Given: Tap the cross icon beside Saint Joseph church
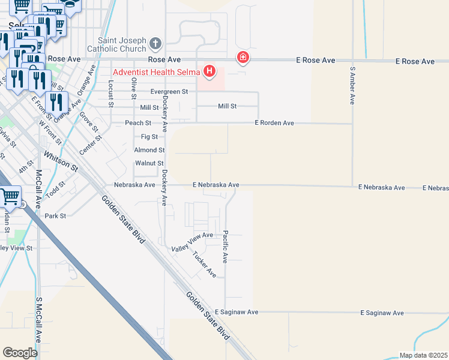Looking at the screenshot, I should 155,43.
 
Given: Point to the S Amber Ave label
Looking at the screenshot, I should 352,85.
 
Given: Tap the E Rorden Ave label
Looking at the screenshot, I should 274,123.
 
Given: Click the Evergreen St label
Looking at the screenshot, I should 169,92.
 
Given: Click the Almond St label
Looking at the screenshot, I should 149,150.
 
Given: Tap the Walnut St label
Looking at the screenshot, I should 149,163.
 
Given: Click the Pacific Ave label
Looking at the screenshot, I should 226,246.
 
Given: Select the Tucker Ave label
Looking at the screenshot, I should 204,264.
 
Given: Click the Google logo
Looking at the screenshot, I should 20,352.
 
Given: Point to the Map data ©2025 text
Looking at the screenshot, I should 423,355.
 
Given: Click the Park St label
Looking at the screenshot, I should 55,215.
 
